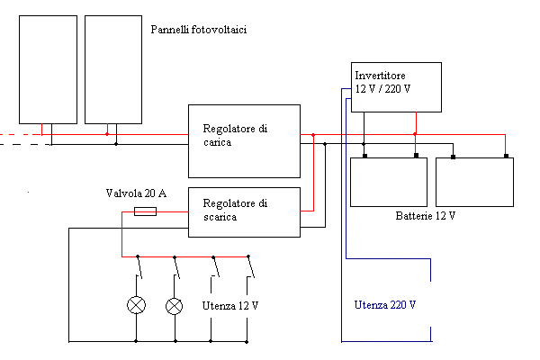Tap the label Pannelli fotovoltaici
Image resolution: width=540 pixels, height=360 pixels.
coord(199,30)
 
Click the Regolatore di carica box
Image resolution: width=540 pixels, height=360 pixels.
coord(243,140)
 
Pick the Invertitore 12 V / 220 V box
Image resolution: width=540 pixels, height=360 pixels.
coord(396,86)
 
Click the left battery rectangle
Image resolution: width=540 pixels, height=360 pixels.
coord(388,182)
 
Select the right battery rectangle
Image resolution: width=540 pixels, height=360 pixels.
coord(473,182)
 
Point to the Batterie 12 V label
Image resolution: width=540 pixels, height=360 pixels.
coord(426,217)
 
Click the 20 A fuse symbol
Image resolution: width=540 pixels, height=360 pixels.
coord(145,211)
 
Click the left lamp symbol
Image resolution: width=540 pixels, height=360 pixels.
coord(137,305)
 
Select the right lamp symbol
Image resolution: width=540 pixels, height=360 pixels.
coord(175,305)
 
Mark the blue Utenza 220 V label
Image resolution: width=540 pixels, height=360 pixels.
coord(384,305)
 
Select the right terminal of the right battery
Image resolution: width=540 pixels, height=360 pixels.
coord(507,157)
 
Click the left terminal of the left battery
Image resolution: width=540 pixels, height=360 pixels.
coord(364,157)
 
